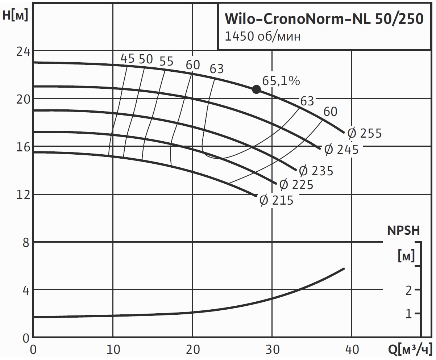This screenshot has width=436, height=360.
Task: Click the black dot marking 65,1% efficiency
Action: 256,89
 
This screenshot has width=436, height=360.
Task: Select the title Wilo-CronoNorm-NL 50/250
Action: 324,19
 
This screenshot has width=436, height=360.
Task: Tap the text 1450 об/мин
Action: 263,37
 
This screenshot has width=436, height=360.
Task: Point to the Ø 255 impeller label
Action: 365,134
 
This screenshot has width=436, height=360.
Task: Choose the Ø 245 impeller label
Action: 341,150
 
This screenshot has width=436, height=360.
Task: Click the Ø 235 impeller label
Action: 316,171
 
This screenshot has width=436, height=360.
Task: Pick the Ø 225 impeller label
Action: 296,185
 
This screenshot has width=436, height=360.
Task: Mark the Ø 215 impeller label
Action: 276,200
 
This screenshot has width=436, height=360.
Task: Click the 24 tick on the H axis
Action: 23,51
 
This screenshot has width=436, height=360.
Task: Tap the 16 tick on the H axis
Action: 23,146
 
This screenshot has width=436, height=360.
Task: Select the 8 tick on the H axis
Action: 25,242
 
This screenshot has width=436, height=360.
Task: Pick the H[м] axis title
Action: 15,15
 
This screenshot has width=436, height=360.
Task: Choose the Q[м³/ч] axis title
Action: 410,349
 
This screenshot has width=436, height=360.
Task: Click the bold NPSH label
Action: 403,230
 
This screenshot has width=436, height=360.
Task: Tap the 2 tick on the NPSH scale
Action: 409,290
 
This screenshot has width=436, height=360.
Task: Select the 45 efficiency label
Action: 128,58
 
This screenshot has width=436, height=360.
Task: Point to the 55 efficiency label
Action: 167,61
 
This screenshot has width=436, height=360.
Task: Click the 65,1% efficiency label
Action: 281,81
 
